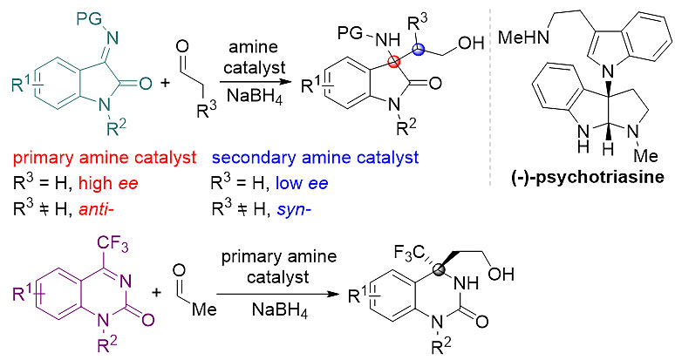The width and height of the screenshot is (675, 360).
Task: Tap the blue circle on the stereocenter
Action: point(418,50)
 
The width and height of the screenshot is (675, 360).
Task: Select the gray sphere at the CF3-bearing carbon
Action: point(439,269)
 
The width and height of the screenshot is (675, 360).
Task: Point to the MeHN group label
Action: point(523,37)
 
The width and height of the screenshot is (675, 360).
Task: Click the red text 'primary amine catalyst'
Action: point(105,158)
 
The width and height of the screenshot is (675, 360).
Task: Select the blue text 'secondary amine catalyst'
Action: point(315,158)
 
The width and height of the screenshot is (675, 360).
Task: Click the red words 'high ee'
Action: point(108,184)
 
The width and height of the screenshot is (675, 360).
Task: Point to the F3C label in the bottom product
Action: point(410,254)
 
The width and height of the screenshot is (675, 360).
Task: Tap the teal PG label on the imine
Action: point(90,19)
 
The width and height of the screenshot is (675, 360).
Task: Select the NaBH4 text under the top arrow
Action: point(255,96)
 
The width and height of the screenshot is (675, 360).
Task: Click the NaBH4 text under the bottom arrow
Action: point(280,309)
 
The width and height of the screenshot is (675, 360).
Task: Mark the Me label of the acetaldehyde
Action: point(204,309)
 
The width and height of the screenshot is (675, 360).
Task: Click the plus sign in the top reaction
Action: point(165,82)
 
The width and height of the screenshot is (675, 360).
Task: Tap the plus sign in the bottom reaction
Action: point(156,293)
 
